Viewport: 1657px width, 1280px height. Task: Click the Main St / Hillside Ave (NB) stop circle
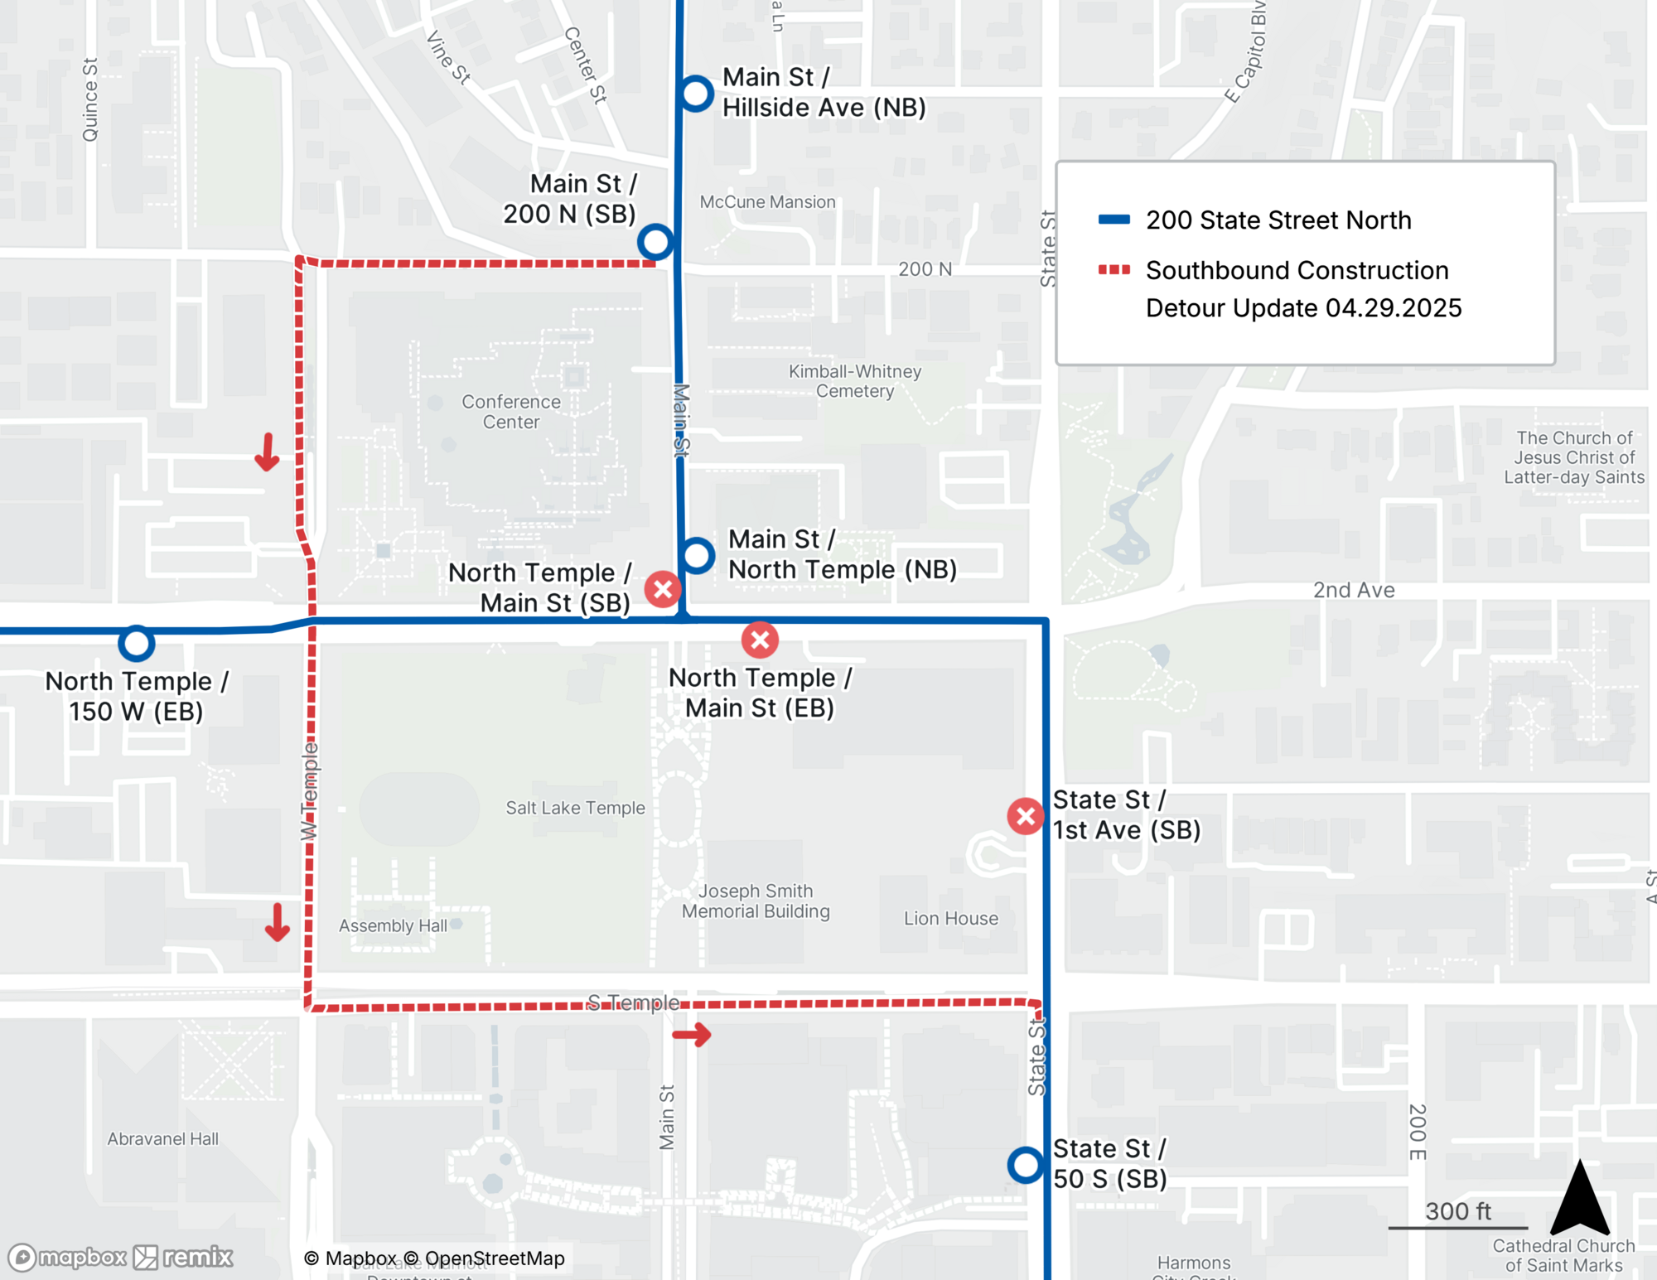pyautogui.click(x=696, y=94)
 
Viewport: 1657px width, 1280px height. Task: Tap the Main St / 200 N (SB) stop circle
pyautogui.click(x=655, y=242)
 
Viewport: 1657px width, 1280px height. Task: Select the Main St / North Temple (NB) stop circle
pyautogui.click(x=697, y=555)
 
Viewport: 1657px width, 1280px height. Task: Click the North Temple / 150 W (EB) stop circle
pyautogui.click(x=136, y=643)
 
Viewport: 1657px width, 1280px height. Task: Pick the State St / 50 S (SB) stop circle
pyautogui.click(x=1026, y=1165)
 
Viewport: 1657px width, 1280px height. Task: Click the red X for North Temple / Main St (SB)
pyautogui.click(x=663, y=589)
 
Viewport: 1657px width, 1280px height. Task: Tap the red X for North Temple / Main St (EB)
pyautogui.click(x=760, y=640)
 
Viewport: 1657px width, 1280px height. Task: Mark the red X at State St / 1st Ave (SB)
pyautogui.click(x=1026, y=816)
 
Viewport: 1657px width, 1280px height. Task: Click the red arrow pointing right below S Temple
pyautogui.click(x=692, y=1034)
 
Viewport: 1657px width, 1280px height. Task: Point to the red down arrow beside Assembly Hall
pyautogui.click(x=277, y=922)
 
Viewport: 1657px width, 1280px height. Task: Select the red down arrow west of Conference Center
pyautogui.click(x=267, y=452)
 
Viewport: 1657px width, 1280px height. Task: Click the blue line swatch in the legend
pyautogui.click(x=1114, y=220)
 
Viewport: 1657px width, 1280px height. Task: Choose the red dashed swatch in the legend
pyautogui.click(x=1114, y=270)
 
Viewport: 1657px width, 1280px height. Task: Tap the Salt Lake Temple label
pyautogui.click(x=575, y=808)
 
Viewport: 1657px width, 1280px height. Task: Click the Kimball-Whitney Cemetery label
pyautogui.click(x=854, y=381)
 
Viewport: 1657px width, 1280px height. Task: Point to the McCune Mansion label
pyautogui.click(x=767, y=202)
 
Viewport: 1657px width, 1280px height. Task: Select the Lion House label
pyautogui.click(x=950, y=918)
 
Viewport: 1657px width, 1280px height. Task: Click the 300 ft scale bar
pyautogui.click(x=1457, y=1227)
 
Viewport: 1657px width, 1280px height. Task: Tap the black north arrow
pyautogui.click(x=1579, y=1199)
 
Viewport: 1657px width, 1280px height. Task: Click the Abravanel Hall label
pyautogui.click(x=162, y=1139)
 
